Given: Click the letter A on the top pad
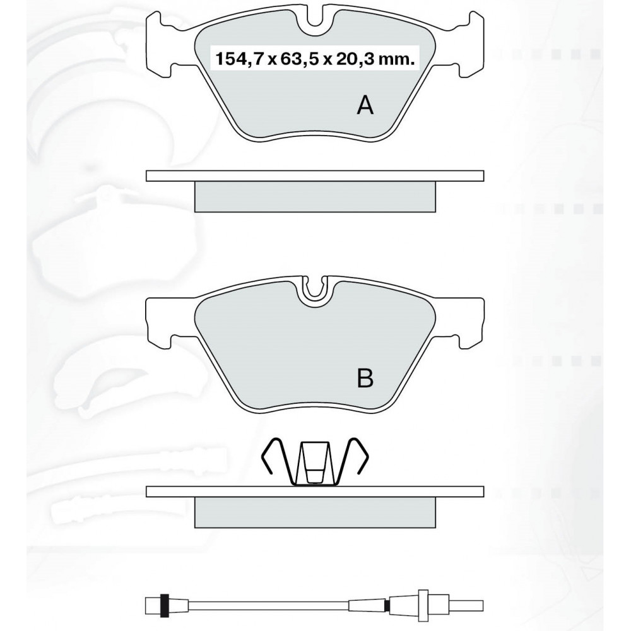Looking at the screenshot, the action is pyautogui.click(x=365, y=105).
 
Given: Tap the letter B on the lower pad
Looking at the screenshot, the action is pyautogui.click(x=365, y=378).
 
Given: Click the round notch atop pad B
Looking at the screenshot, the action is pyautogui.click(x=315, y=290).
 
